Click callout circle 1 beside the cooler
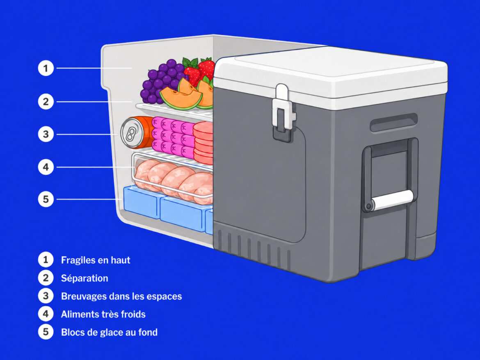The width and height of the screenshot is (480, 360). [x=46, y=68]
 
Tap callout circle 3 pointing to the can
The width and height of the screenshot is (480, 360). [x=46, y=134]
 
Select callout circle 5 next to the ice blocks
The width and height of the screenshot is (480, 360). [x=46, y=199]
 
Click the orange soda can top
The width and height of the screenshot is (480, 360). [x=132, y=133]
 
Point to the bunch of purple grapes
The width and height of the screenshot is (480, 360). [x=162, y=81]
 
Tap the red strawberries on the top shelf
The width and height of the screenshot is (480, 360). [x=199, y=71]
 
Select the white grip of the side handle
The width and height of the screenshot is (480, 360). [x=392, y=200]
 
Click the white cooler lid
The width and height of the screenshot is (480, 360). [x=331, y=73]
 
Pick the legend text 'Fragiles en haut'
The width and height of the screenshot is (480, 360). [x=96, y=260]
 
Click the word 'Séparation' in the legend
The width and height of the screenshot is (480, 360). [x=85, y=278]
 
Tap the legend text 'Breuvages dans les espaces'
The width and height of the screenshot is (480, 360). [x=121, y=296]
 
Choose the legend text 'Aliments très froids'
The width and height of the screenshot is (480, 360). [x=103, y=314]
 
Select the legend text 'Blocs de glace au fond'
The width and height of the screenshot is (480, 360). [x=109, y=332]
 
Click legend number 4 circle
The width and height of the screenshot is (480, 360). [x=46, y=314]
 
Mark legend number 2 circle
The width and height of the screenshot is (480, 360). [x=46, y=278]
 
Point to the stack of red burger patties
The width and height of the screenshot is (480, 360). [x=203, y=143]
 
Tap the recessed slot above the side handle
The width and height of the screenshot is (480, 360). [x=394, y=122]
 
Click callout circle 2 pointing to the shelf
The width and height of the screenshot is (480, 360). [x=46, y=101]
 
